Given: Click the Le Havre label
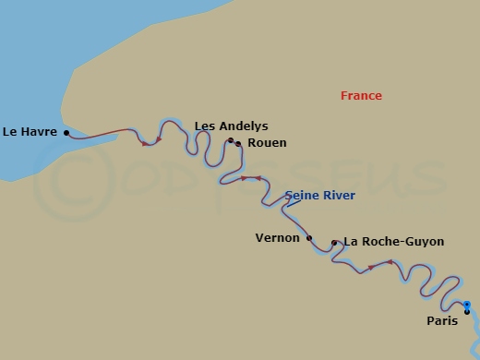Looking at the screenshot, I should point(30,132).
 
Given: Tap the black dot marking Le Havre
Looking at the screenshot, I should point(66,132).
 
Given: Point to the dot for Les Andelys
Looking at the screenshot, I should point(231,140).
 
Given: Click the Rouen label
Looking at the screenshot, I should point(268,143).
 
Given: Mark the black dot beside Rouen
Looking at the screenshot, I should point(238,143).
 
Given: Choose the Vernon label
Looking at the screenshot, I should point(277,237).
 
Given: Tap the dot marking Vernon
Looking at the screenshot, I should point(309,237).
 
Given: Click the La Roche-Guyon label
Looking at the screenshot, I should point(393,242).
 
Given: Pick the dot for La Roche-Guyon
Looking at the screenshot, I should point(334,242).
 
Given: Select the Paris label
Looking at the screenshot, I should point(442,321).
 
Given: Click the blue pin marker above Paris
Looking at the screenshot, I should point(467,304).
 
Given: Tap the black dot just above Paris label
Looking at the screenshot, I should point(467,311).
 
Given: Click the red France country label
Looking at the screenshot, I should point(361,96).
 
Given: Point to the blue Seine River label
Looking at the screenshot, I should point(320,196).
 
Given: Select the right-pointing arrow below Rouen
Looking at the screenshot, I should point(245,178).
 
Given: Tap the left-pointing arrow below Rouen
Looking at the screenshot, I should point(258,178).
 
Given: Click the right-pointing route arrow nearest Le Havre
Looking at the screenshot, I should point(146,143).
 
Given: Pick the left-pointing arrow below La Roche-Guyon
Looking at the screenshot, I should point(390,263).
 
